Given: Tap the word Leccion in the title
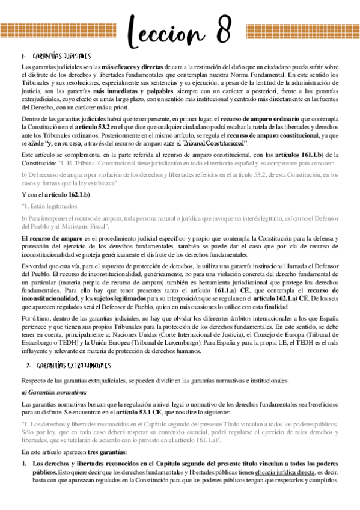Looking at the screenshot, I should (x=185, y=29).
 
